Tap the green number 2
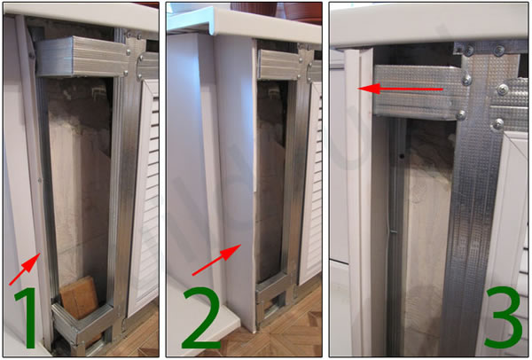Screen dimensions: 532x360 pos(202,317)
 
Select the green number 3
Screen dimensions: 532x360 pos(503,317)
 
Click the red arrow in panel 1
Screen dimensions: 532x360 pos(25,269)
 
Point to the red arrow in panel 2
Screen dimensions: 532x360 pos(216,260)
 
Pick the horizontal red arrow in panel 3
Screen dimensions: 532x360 pos(401,89)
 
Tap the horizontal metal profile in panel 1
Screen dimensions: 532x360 pos(82,57)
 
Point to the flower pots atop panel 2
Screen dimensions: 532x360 pos(277,11)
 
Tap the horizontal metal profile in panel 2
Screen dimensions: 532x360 pos(279,65)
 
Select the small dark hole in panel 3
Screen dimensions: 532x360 pos(402,156)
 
